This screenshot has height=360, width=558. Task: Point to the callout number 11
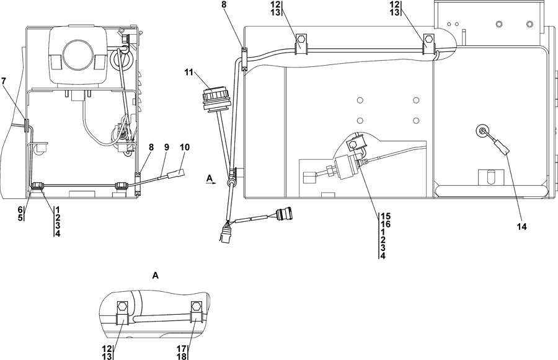pos(188,72)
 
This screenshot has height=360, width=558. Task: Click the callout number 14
pos(521,227)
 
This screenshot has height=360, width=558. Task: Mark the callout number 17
pos(182,348)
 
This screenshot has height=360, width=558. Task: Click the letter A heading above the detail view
pos(157,274)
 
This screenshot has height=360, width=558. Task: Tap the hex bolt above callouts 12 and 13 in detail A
pos(123,307)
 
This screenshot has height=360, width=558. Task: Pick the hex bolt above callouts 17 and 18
pos(196,307)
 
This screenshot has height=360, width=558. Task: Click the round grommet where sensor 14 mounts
pos(482,130)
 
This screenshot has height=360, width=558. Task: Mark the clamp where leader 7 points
pos(27,125)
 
